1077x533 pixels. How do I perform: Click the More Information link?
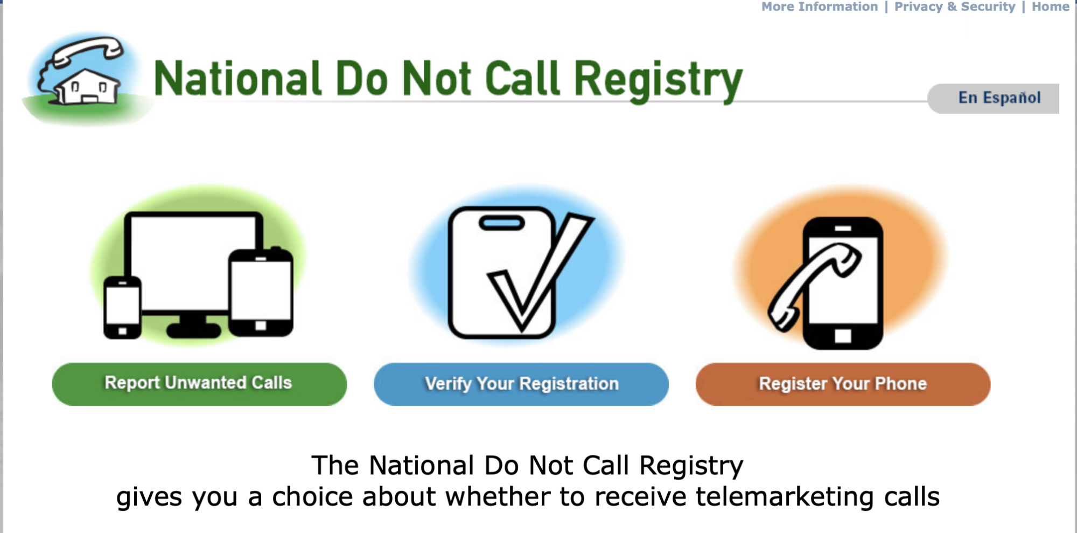pyautogui.click(x=819, y=7)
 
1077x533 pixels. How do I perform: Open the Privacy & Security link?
pyautogui.click(x=954, y=7)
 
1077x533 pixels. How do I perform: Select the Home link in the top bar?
pyautogui.click(x=1050, y=7)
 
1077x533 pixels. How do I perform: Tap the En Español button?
pyautogui.click(x=999, y=98)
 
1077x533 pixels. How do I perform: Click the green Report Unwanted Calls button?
pyautogui.click(x=199, y=384)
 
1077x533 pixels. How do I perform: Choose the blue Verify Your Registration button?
pyautogui.click(x=521, y=384)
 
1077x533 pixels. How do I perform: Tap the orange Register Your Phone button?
pyautogui.click(x=843, y=384)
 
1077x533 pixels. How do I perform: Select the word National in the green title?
pyautogui.click(x=237, y=80)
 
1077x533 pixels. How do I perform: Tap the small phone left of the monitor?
pyautogui.click(x=122, y=307)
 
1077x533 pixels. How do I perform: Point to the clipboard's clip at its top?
pyautogui.click(x=501, y=223)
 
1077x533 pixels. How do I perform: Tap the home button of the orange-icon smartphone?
pyautogui.click(x=843, y=336)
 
